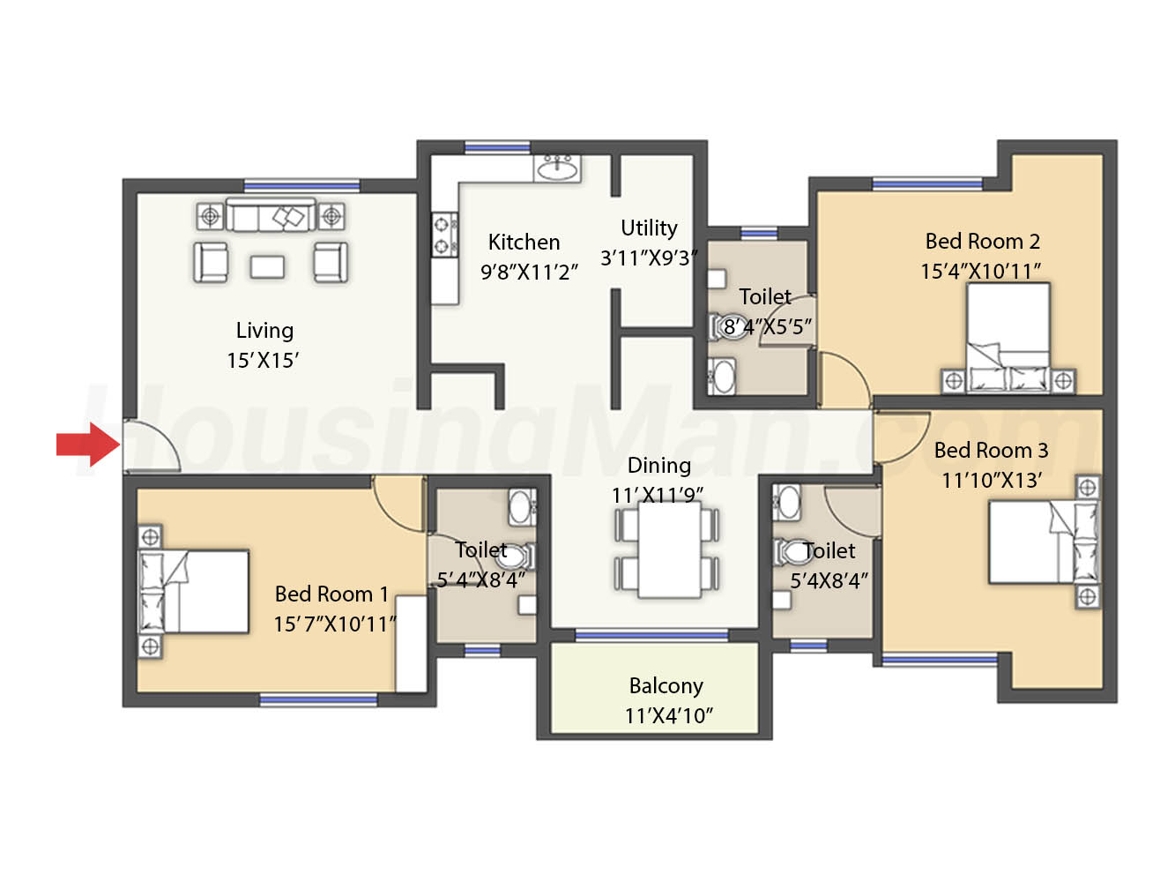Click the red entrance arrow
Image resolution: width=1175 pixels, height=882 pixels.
click(88, 444)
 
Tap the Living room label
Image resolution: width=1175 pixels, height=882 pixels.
click(264, 331)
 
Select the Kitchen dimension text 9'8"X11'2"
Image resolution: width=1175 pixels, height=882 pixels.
click(529, 273)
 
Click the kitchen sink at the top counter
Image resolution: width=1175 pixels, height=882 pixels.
click(557, 168)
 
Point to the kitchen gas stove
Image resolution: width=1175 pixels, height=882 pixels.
click(445, 235)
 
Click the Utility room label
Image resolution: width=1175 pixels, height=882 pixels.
click(649, 228)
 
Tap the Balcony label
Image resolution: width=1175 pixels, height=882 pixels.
click(666, 686)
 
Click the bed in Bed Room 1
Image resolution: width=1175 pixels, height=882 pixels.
click(194, 592)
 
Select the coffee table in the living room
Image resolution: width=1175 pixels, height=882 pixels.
click(267, 266)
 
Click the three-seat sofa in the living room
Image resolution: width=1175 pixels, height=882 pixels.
click(271, 214)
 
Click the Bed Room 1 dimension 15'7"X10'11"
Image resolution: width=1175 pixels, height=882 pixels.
click(335, 624)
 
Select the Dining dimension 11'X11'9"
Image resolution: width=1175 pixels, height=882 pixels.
click(658, 496)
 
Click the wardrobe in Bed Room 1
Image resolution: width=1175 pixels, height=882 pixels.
click(411, 644)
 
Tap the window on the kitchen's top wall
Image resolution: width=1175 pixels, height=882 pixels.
click(497, 147)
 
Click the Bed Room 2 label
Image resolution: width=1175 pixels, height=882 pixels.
click(983, 242)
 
